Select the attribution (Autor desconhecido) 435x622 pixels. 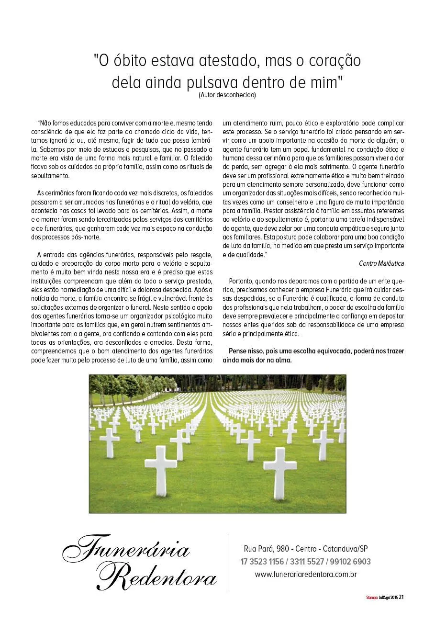click(x=227, y=95)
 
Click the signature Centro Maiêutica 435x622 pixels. click(x=381, y=263)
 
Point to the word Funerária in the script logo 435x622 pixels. click(x=127, y=550)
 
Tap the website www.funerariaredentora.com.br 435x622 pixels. click(x=306, y=574)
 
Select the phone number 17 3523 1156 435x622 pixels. click(x=262, y=562)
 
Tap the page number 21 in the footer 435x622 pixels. click(x=402, y=597)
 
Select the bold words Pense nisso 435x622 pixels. click(x=245, y=351)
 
